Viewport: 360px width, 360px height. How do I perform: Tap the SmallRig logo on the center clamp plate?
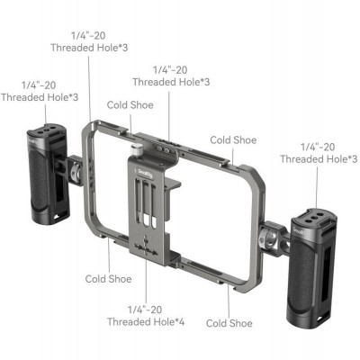[145, 174]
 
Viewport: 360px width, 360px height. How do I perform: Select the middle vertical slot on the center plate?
[146, 203]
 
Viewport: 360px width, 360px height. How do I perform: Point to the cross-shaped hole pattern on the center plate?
[146, 246]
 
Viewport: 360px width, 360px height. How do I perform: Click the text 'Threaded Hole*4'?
[146, 322]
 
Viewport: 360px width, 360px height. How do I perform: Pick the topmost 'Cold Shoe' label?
[130, 105]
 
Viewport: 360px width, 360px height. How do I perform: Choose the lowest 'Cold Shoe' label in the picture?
[229, 323]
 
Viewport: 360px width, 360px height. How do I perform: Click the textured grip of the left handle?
[39, 180]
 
